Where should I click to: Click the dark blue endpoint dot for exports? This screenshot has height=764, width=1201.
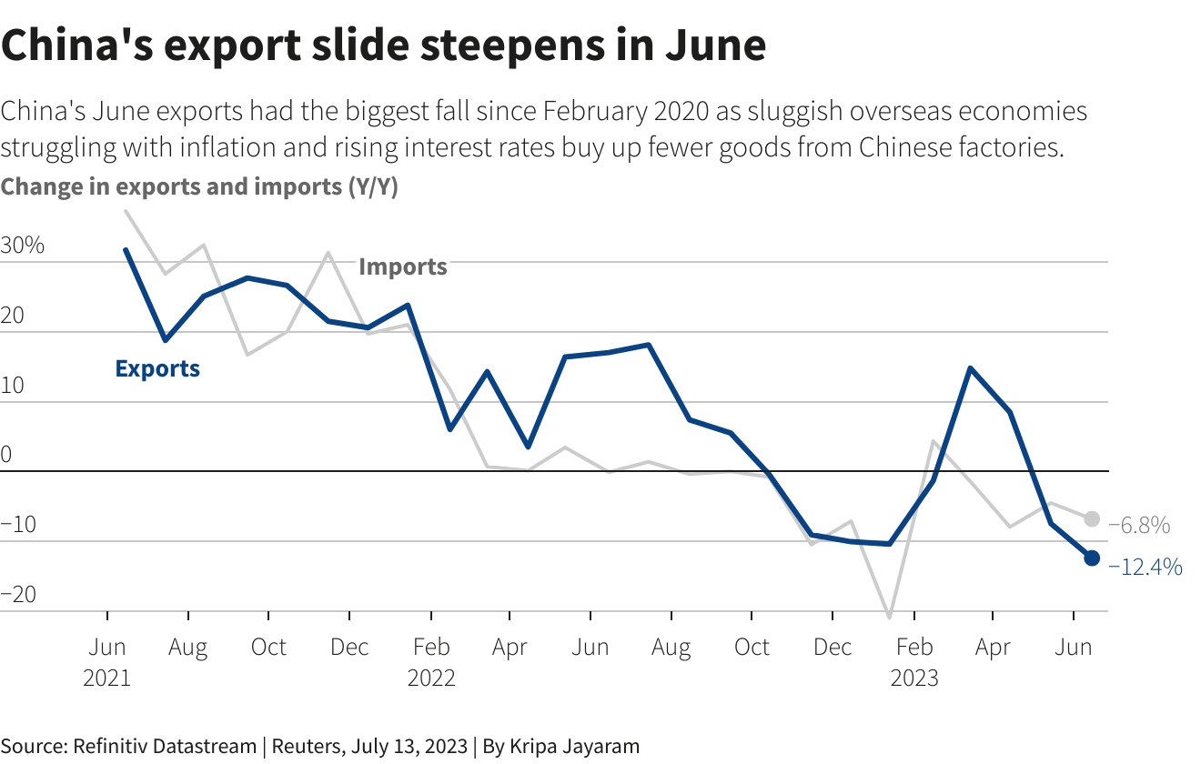point(1092,558)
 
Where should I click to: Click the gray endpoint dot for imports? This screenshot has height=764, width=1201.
point(1092,519)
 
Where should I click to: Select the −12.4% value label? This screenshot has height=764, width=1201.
point(1145,568)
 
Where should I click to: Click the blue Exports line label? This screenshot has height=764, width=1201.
point(157,368)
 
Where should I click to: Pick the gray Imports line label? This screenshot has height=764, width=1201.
point(403,266)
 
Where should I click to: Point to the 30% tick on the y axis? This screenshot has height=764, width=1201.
point(23,246)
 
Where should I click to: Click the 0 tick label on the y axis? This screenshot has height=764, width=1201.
point(6,455)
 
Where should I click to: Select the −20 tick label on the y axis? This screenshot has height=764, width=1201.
point(19,595)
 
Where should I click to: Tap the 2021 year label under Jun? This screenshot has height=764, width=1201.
point(107,678)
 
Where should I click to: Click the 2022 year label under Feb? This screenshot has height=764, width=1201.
point(431,678)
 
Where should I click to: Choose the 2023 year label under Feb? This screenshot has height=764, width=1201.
point(913,678)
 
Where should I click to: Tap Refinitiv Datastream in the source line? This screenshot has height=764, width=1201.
point(162,746)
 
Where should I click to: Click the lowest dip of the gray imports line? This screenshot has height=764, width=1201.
point(890,618)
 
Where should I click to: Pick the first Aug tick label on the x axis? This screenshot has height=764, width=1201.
point(188,647)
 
